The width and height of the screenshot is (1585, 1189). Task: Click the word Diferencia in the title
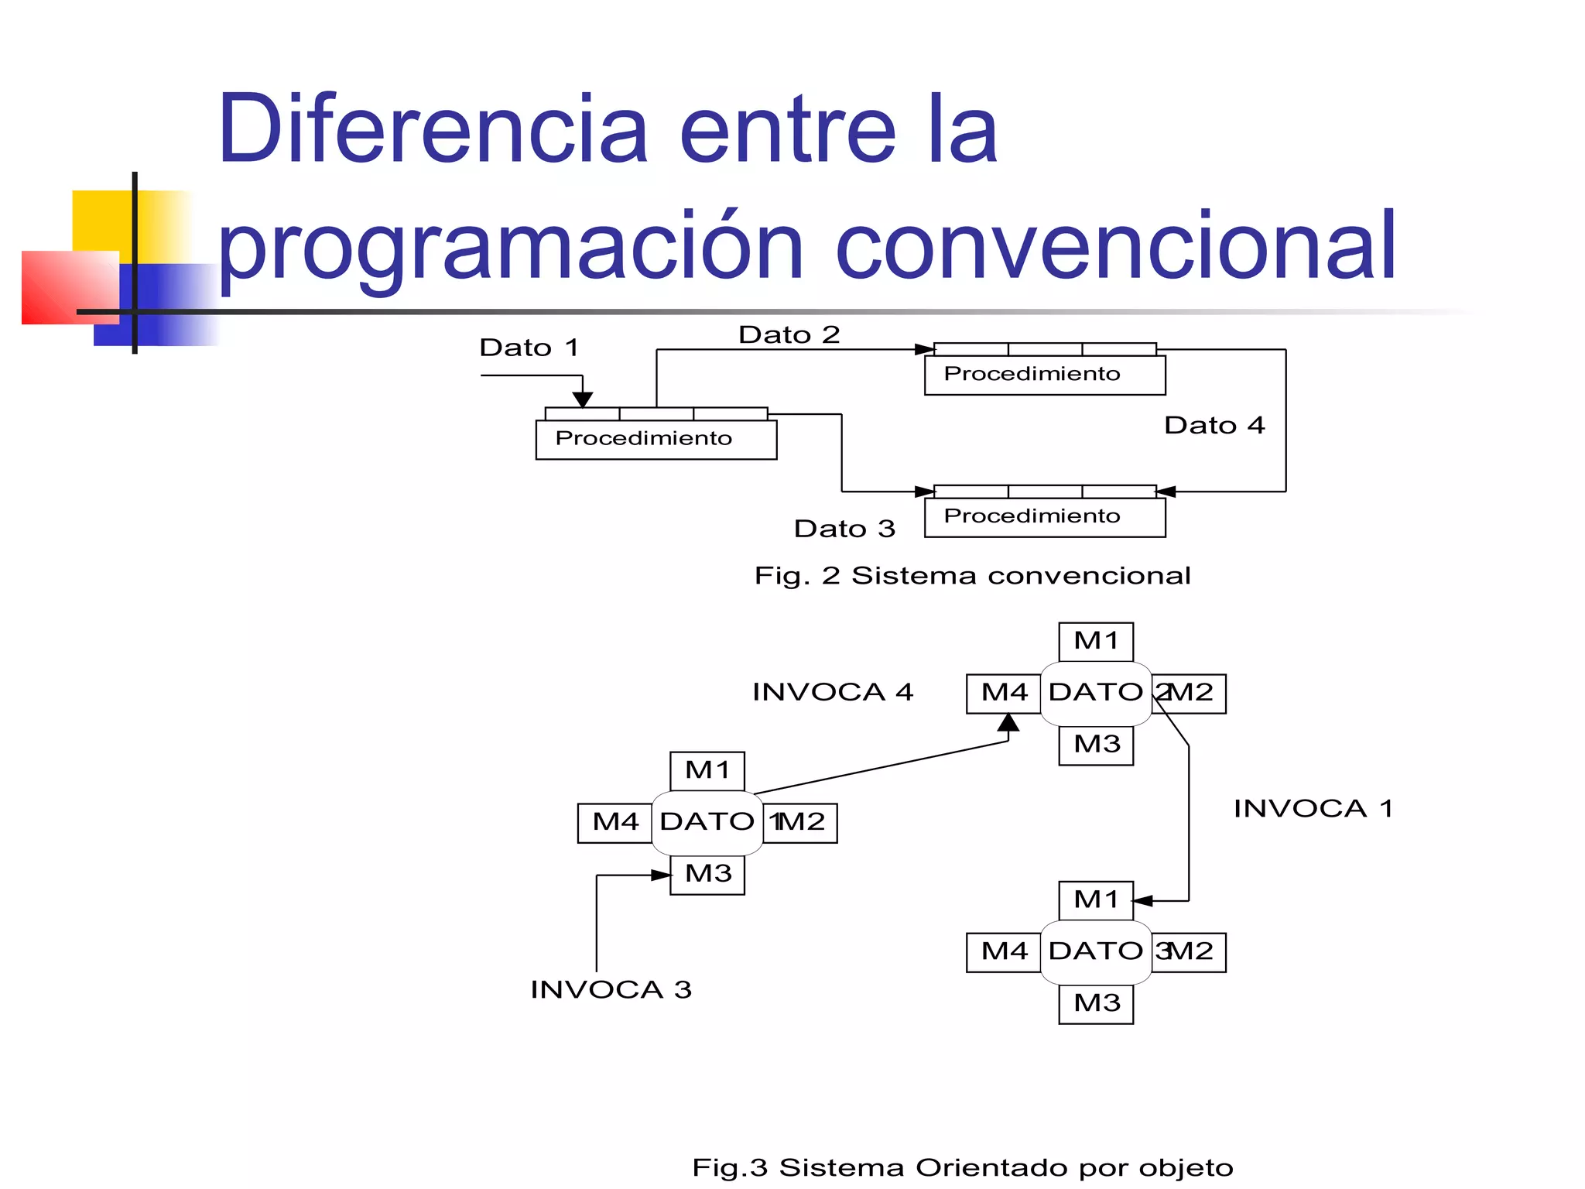pos(432,129)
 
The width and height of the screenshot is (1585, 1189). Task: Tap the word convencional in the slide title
pos(1116,246)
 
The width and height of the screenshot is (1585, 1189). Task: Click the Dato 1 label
pos(529,348)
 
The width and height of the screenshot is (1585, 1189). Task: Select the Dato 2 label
pos(789,334)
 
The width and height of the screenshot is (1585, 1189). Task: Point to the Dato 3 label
pos(844,529)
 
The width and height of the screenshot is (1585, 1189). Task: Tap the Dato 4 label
pos(1214,425)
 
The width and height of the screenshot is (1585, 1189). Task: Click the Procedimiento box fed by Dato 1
pos(656,439)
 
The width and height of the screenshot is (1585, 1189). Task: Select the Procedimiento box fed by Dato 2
pos(1044,375)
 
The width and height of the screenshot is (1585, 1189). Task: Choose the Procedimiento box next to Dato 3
pos(1044,516)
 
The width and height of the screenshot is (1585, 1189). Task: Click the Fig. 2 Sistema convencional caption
pos(972,576)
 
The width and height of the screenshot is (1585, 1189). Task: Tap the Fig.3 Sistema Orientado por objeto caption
pos(962,1167)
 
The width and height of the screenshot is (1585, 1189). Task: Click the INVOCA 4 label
pos(833,692)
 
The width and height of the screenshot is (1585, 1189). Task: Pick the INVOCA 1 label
pos(1313,809)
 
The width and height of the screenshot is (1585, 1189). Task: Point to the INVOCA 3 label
pos(611,989)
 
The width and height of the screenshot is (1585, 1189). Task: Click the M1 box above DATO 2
pos(1096,642)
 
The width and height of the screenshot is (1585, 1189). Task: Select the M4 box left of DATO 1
pos(615,822)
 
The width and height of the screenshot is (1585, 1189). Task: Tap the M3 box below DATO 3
pos(1096,1003)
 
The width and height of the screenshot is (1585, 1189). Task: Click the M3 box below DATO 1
pos(707,874)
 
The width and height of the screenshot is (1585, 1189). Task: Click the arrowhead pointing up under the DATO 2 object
pos(1008,723)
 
